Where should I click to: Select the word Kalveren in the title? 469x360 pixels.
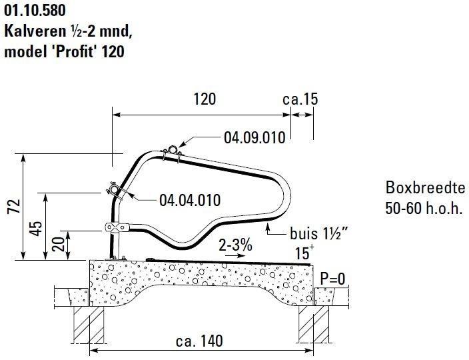32,31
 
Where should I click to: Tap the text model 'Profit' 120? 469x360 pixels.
64,51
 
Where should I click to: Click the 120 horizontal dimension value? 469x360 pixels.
205,99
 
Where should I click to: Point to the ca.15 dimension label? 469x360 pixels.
300,99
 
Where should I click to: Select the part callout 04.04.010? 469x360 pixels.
190,199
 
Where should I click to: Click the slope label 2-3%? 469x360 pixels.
236,245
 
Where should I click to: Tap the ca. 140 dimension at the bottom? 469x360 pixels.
199,341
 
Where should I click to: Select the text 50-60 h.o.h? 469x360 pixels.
424,207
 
